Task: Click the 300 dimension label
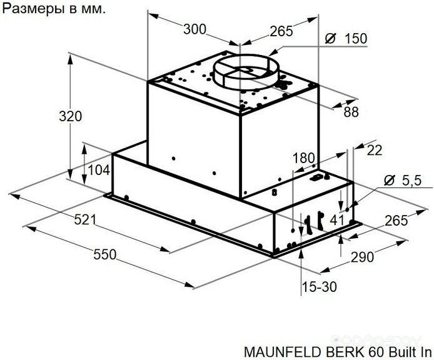(x=195, y=29)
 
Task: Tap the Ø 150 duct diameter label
(x=346, y=39)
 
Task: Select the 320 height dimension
(x=70, y=116)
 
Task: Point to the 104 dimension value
(x=99, y=170)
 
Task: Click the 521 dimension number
(x=85, y=220)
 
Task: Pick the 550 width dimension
(x=105, y=254)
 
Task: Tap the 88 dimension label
(x=351, y=112)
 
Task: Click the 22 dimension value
(x=375, y=150)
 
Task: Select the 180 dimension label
(x=304, y=158)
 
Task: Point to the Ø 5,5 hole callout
(x=403, y=181)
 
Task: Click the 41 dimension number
(x=337, y=220)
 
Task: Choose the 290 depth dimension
(x=362, y=257)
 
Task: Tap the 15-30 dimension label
(x=319, y=287)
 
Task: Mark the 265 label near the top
(x=281, y=31)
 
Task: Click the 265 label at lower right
(x=396, y=221)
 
